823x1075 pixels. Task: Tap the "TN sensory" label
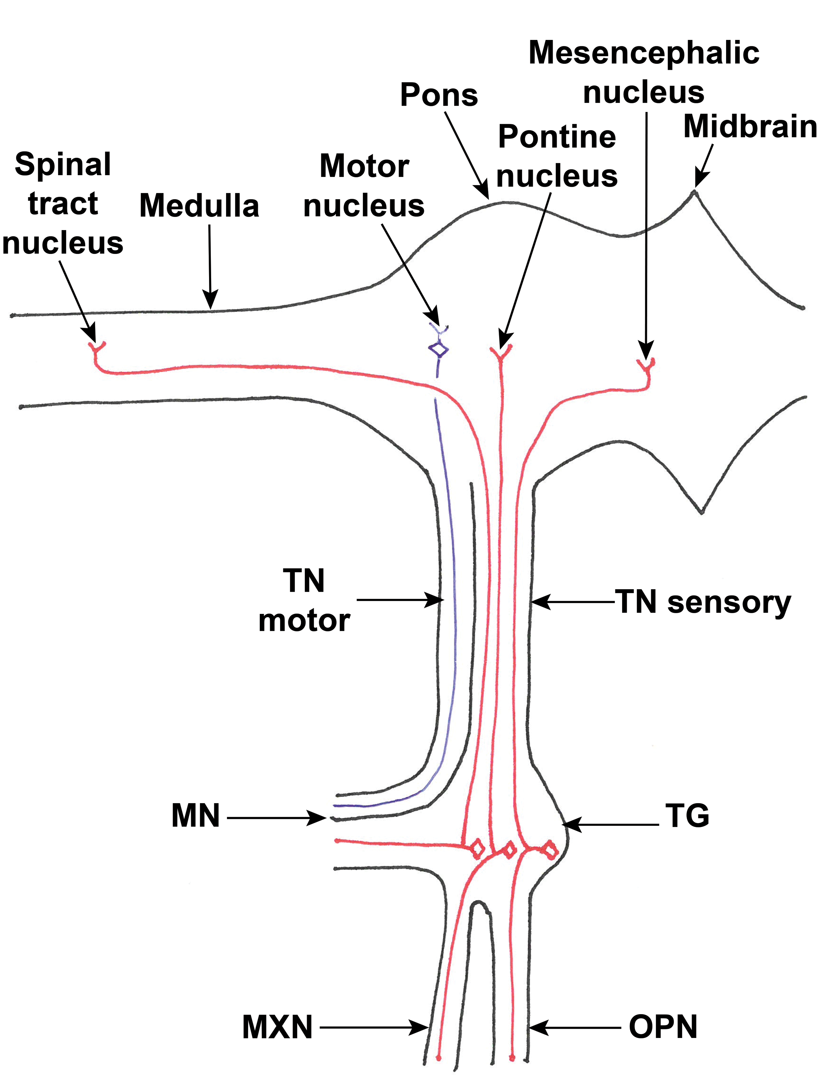pos(703,602)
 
